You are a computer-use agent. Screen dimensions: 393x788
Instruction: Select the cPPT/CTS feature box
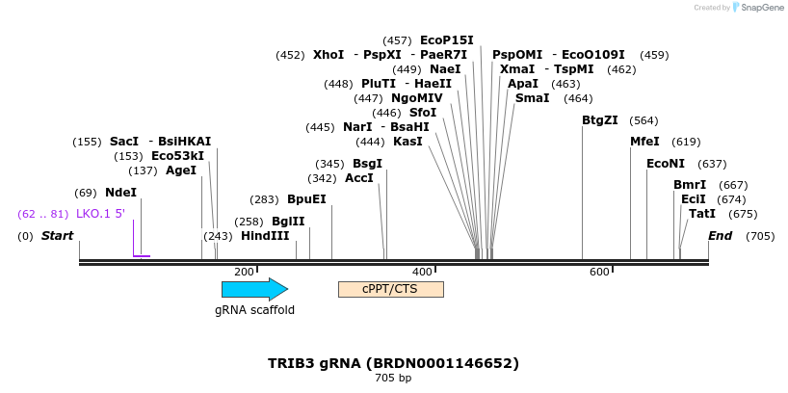point(390,289)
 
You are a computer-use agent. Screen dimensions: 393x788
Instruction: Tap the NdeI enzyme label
point(120,193)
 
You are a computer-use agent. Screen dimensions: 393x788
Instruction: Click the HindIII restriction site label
point(265,236)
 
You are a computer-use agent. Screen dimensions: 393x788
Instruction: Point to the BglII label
point(288,222)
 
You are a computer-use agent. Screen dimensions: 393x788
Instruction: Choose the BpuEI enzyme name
point(306,199)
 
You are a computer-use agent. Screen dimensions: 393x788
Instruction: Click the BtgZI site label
point(600,120)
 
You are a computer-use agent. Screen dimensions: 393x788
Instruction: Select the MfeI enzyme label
point(644,142)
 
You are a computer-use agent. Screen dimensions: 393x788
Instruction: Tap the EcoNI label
point(666,164)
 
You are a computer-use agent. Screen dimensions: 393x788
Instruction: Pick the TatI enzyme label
point(701,214)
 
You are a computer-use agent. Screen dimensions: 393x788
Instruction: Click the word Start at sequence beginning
point(57,236)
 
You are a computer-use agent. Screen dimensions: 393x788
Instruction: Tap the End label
point(720,236)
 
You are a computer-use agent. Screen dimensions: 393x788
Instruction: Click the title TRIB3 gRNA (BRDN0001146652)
point(393,363)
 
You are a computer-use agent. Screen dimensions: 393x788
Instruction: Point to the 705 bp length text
point(393,379)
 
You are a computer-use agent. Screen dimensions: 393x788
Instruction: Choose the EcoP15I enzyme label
point(447,40)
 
